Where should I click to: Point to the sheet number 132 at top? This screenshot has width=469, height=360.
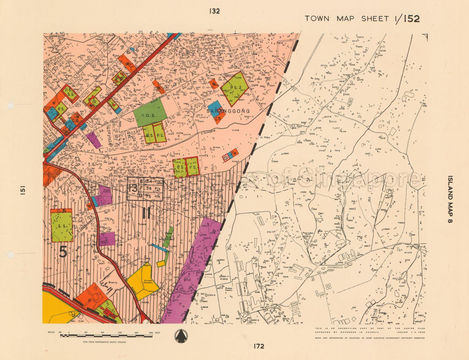pyautogui.click(x=214, y=11)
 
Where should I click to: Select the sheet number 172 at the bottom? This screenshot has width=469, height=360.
pyautogui.click(x=258, y=346)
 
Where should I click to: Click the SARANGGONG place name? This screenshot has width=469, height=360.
pyautogui.click(x=228, y=111)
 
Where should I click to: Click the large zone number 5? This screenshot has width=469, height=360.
pyautogui.click(x=63, y=252)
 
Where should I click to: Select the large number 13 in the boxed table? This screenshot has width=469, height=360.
pyautogui.click(x=133, y=188)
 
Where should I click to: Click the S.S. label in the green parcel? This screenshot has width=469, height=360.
pyautogui.click(x=62, y=226)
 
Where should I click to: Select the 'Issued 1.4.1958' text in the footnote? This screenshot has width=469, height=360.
pyautogui.click(x=409, y=332)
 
